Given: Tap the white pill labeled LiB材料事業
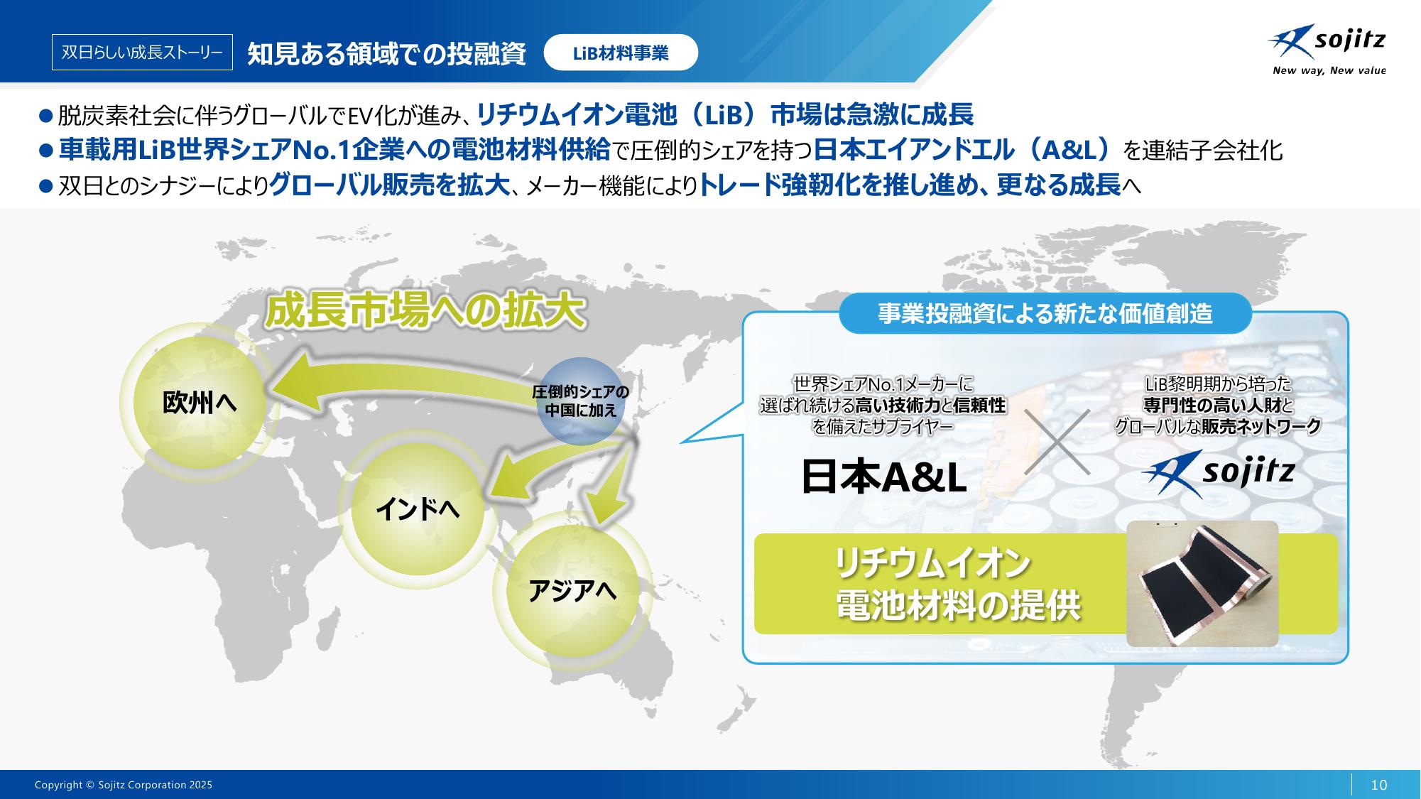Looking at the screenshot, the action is (x=621, y=53).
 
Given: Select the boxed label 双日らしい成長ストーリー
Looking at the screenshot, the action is (x=142, y=53).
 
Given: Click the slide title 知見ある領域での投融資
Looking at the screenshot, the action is (x=387, y=53).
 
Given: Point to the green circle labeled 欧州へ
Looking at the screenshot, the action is (x=200, y=403).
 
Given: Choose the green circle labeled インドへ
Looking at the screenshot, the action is (x=418, y=509).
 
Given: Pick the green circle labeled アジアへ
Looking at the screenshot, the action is (x=572, y=592).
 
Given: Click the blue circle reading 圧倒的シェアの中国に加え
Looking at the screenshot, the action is (x=580, y=401).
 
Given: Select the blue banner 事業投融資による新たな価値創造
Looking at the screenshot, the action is (x=1045, y=313).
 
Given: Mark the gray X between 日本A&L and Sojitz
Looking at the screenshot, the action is (x=1057, y=442).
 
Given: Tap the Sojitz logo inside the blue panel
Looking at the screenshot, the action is (x=1218, y=473).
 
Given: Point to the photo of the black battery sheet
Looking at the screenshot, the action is (x=1202, y=583).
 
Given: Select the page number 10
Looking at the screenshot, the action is (x=1378, y=784).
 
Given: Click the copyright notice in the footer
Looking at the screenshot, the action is (x=124, y=785).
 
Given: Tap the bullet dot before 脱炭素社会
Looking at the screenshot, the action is (x=46, y=114).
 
